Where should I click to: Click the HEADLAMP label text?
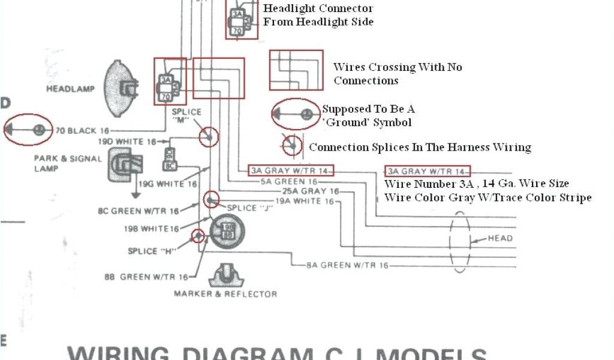tap(71, 89)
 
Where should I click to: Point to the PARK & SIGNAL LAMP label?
tap(59, 164)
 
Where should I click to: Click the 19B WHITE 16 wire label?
tap(151, 229)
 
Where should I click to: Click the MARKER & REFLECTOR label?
tap(225, 294)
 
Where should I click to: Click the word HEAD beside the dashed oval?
tap(500, 238)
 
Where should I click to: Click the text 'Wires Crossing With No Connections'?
tap(398, 74)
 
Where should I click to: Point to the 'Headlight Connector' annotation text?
tap(318, 8)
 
